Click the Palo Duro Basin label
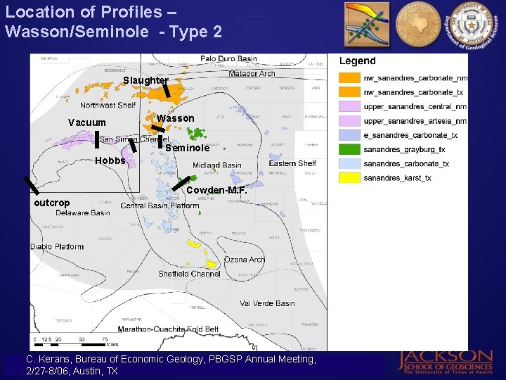click(x=228, y=59)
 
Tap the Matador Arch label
click(x=252, y=74)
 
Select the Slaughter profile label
click(x=145, y=81)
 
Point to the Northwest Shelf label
click(x=108, y=106)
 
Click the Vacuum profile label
click(x=87, y=123)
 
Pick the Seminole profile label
click(x=188, y=148)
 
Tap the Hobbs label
click(x=110, y=160)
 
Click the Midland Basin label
click(x=217, y=165)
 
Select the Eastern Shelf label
click(x=292, y=163)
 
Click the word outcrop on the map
click(x=52, y=203)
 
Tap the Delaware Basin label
click(x=82, y=213)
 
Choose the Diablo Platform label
click(x=57, y=247)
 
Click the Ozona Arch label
click(x=245, y=260)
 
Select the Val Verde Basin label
click(x=267, y=303)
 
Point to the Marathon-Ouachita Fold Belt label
click(x=168, y=329)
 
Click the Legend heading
click(x=358, y=61)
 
